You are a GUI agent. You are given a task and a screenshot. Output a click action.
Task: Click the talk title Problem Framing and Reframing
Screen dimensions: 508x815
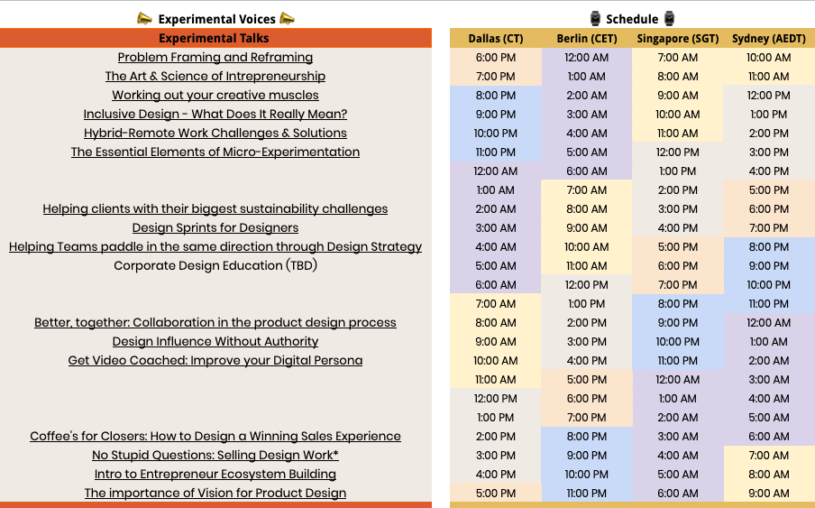[x=215, y=58]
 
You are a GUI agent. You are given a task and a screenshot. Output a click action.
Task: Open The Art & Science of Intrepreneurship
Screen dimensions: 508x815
[x=215, y=77]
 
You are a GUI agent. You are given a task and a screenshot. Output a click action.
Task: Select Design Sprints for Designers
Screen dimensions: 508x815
[x=215, y=227]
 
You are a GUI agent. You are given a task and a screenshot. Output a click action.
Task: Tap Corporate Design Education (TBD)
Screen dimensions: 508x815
[x=215, y=265]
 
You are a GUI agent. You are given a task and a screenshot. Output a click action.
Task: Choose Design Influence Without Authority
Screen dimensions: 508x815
[x=215, y=341]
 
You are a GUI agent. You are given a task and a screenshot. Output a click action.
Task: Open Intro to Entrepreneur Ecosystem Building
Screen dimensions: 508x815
[x=215, y=474]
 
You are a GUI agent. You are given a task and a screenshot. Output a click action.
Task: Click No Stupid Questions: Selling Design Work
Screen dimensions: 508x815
[x=215, y=455]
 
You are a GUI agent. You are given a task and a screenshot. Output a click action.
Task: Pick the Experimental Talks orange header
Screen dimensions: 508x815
[x=215, y=38]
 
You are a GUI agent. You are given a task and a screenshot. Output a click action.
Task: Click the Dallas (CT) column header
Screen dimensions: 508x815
[x=495, y=38]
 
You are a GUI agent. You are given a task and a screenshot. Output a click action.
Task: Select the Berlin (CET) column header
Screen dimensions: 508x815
[x=586, y=38]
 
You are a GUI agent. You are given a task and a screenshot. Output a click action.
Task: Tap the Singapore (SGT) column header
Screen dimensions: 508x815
[x=677, y=38]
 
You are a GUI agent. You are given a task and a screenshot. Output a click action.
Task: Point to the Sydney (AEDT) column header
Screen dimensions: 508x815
[x=769, y=38]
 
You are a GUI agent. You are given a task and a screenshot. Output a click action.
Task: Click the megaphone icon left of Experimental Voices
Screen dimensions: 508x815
[x=144, y=18]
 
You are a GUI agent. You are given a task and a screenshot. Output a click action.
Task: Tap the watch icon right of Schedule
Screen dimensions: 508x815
[x=669, y=18]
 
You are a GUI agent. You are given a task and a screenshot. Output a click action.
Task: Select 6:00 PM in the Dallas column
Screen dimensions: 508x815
[x=495, y=58]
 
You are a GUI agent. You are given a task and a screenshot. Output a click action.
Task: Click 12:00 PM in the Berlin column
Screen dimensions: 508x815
[x=586, y=284]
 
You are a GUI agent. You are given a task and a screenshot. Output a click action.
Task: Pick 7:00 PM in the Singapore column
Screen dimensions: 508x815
[x=677, y=284]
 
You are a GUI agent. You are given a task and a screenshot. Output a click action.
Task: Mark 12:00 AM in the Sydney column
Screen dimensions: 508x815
[x=769, y=322]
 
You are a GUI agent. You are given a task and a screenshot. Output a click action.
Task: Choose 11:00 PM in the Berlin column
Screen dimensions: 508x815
[x=586, y=493]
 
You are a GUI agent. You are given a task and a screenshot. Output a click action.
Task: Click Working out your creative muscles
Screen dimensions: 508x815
[x=215, y=96]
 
